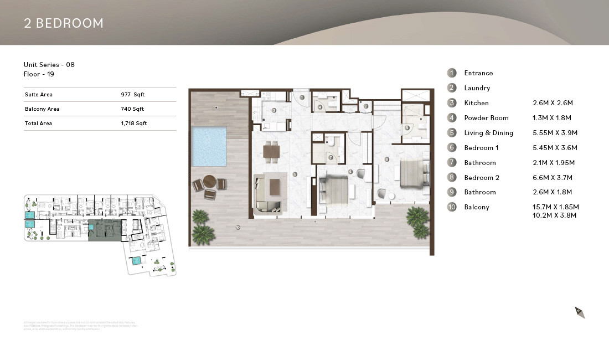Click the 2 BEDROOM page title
point(64,23)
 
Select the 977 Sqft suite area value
point(132,95)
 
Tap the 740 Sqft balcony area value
point(132,109)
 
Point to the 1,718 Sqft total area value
point(134,124)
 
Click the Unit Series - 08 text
point(49,65)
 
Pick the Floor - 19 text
point(39,74)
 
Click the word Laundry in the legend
point(477,88)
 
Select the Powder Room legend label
point(486,118)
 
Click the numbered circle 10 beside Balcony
point(452,207)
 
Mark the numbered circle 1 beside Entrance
point(452,73)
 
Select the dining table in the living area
point(271,150)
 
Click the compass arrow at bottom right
point(580,312)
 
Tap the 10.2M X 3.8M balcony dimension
point(554,215)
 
